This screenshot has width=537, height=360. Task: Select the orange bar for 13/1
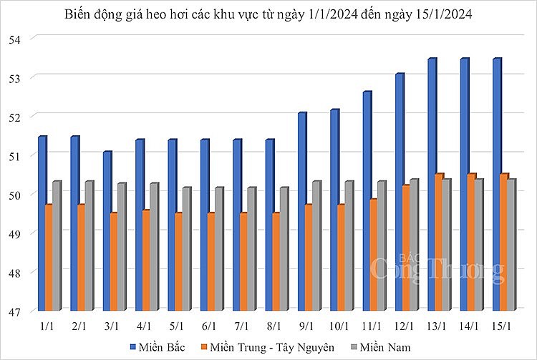(x=439, y=243)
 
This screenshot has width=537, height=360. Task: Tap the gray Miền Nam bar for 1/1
(x=56, y=246)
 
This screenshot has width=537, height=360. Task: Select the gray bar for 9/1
(x=316, y=246)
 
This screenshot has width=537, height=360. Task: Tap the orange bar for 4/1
(x=146, y=261)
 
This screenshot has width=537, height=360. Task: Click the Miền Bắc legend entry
(x=159, y=346)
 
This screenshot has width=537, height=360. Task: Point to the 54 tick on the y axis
(x=15, y=38)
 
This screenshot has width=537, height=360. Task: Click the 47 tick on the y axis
(x=15, y=311)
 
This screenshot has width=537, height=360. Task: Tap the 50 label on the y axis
(x=15, y=194)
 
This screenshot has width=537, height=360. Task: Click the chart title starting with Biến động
(x=268, y=14)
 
